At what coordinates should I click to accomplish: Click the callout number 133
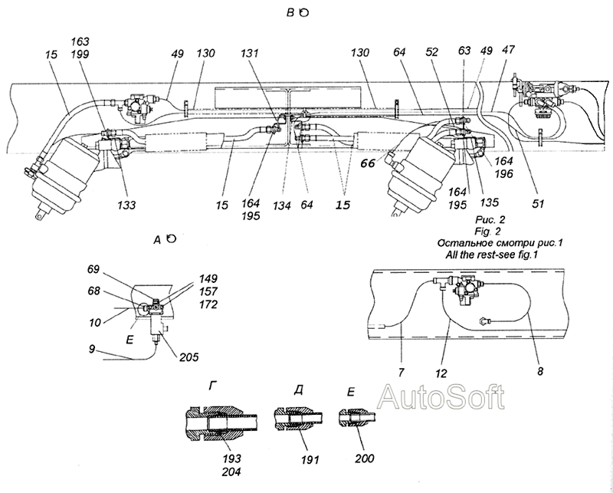click(x=126, y=205)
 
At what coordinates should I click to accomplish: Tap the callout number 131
click(x=250, y=53)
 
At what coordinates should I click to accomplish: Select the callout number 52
click(x=432, y=52)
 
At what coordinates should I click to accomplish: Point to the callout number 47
click(x=510, y=50)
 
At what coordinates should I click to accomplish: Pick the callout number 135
click(x=490, y=202)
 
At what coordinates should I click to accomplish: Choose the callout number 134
click(x=282, y=205)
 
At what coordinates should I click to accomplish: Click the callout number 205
click(x=189, y=357)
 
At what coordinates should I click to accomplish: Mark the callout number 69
click(x=93, y=270)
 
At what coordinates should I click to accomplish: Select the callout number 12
click(x=441, y=374)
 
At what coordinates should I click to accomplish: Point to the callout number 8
click(x=540, y=371)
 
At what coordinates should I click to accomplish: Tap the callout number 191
click(x=310, y=459)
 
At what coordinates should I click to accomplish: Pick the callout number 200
click(x=365, y=458)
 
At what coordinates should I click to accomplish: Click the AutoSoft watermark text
click(x=441, y=396)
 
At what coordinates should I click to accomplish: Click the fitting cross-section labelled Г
click(x=221, y=424)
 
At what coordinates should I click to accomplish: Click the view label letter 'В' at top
click(x=290, y=13)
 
